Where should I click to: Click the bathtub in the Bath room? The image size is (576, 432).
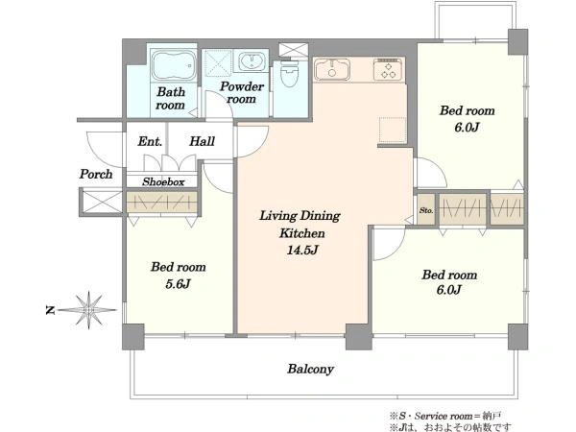174,65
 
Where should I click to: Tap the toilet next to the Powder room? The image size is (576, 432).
290,74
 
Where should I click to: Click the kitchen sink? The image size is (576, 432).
332,69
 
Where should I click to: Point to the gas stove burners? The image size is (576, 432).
388,69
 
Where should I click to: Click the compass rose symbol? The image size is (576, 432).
88,310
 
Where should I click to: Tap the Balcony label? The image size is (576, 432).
310,369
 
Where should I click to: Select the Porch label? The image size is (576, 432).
96,174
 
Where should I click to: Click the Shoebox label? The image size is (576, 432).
163,181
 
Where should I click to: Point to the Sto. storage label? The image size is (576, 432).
426,210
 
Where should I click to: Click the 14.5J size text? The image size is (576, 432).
302,251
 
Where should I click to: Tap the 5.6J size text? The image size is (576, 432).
178,283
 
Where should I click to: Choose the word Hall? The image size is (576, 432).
202,141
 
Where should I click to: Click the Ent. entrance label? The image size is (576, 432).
150,141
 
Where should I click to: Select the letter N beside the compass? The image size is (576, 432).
50,310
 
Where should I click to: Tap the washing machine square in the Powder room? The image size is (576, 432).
218,63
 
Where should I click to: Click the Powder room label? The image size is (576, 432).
242,92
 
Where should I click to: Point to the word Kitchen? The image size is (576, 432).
302,233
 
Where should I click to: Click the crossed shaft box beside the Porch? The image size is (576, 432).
102,202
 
